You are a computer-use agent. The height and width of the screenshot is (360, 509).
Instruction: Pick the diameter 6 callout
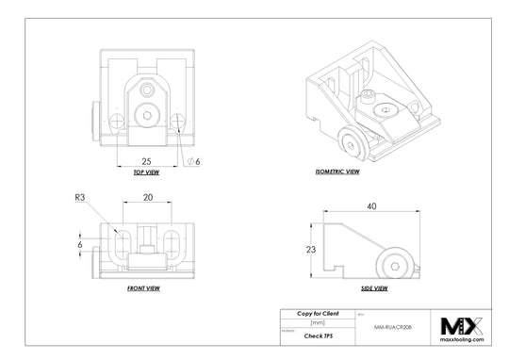193,161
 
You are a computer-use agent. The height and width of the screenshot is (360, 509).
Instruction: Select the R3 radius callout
80,199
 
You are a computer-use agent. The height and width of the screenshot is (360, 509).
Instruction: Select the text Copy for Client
318,312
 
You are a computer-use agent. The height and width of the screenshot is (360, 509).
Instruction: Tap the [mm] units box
318,322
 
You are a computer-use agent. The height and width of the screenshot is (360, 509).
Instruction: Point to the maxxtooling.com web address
462,340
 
